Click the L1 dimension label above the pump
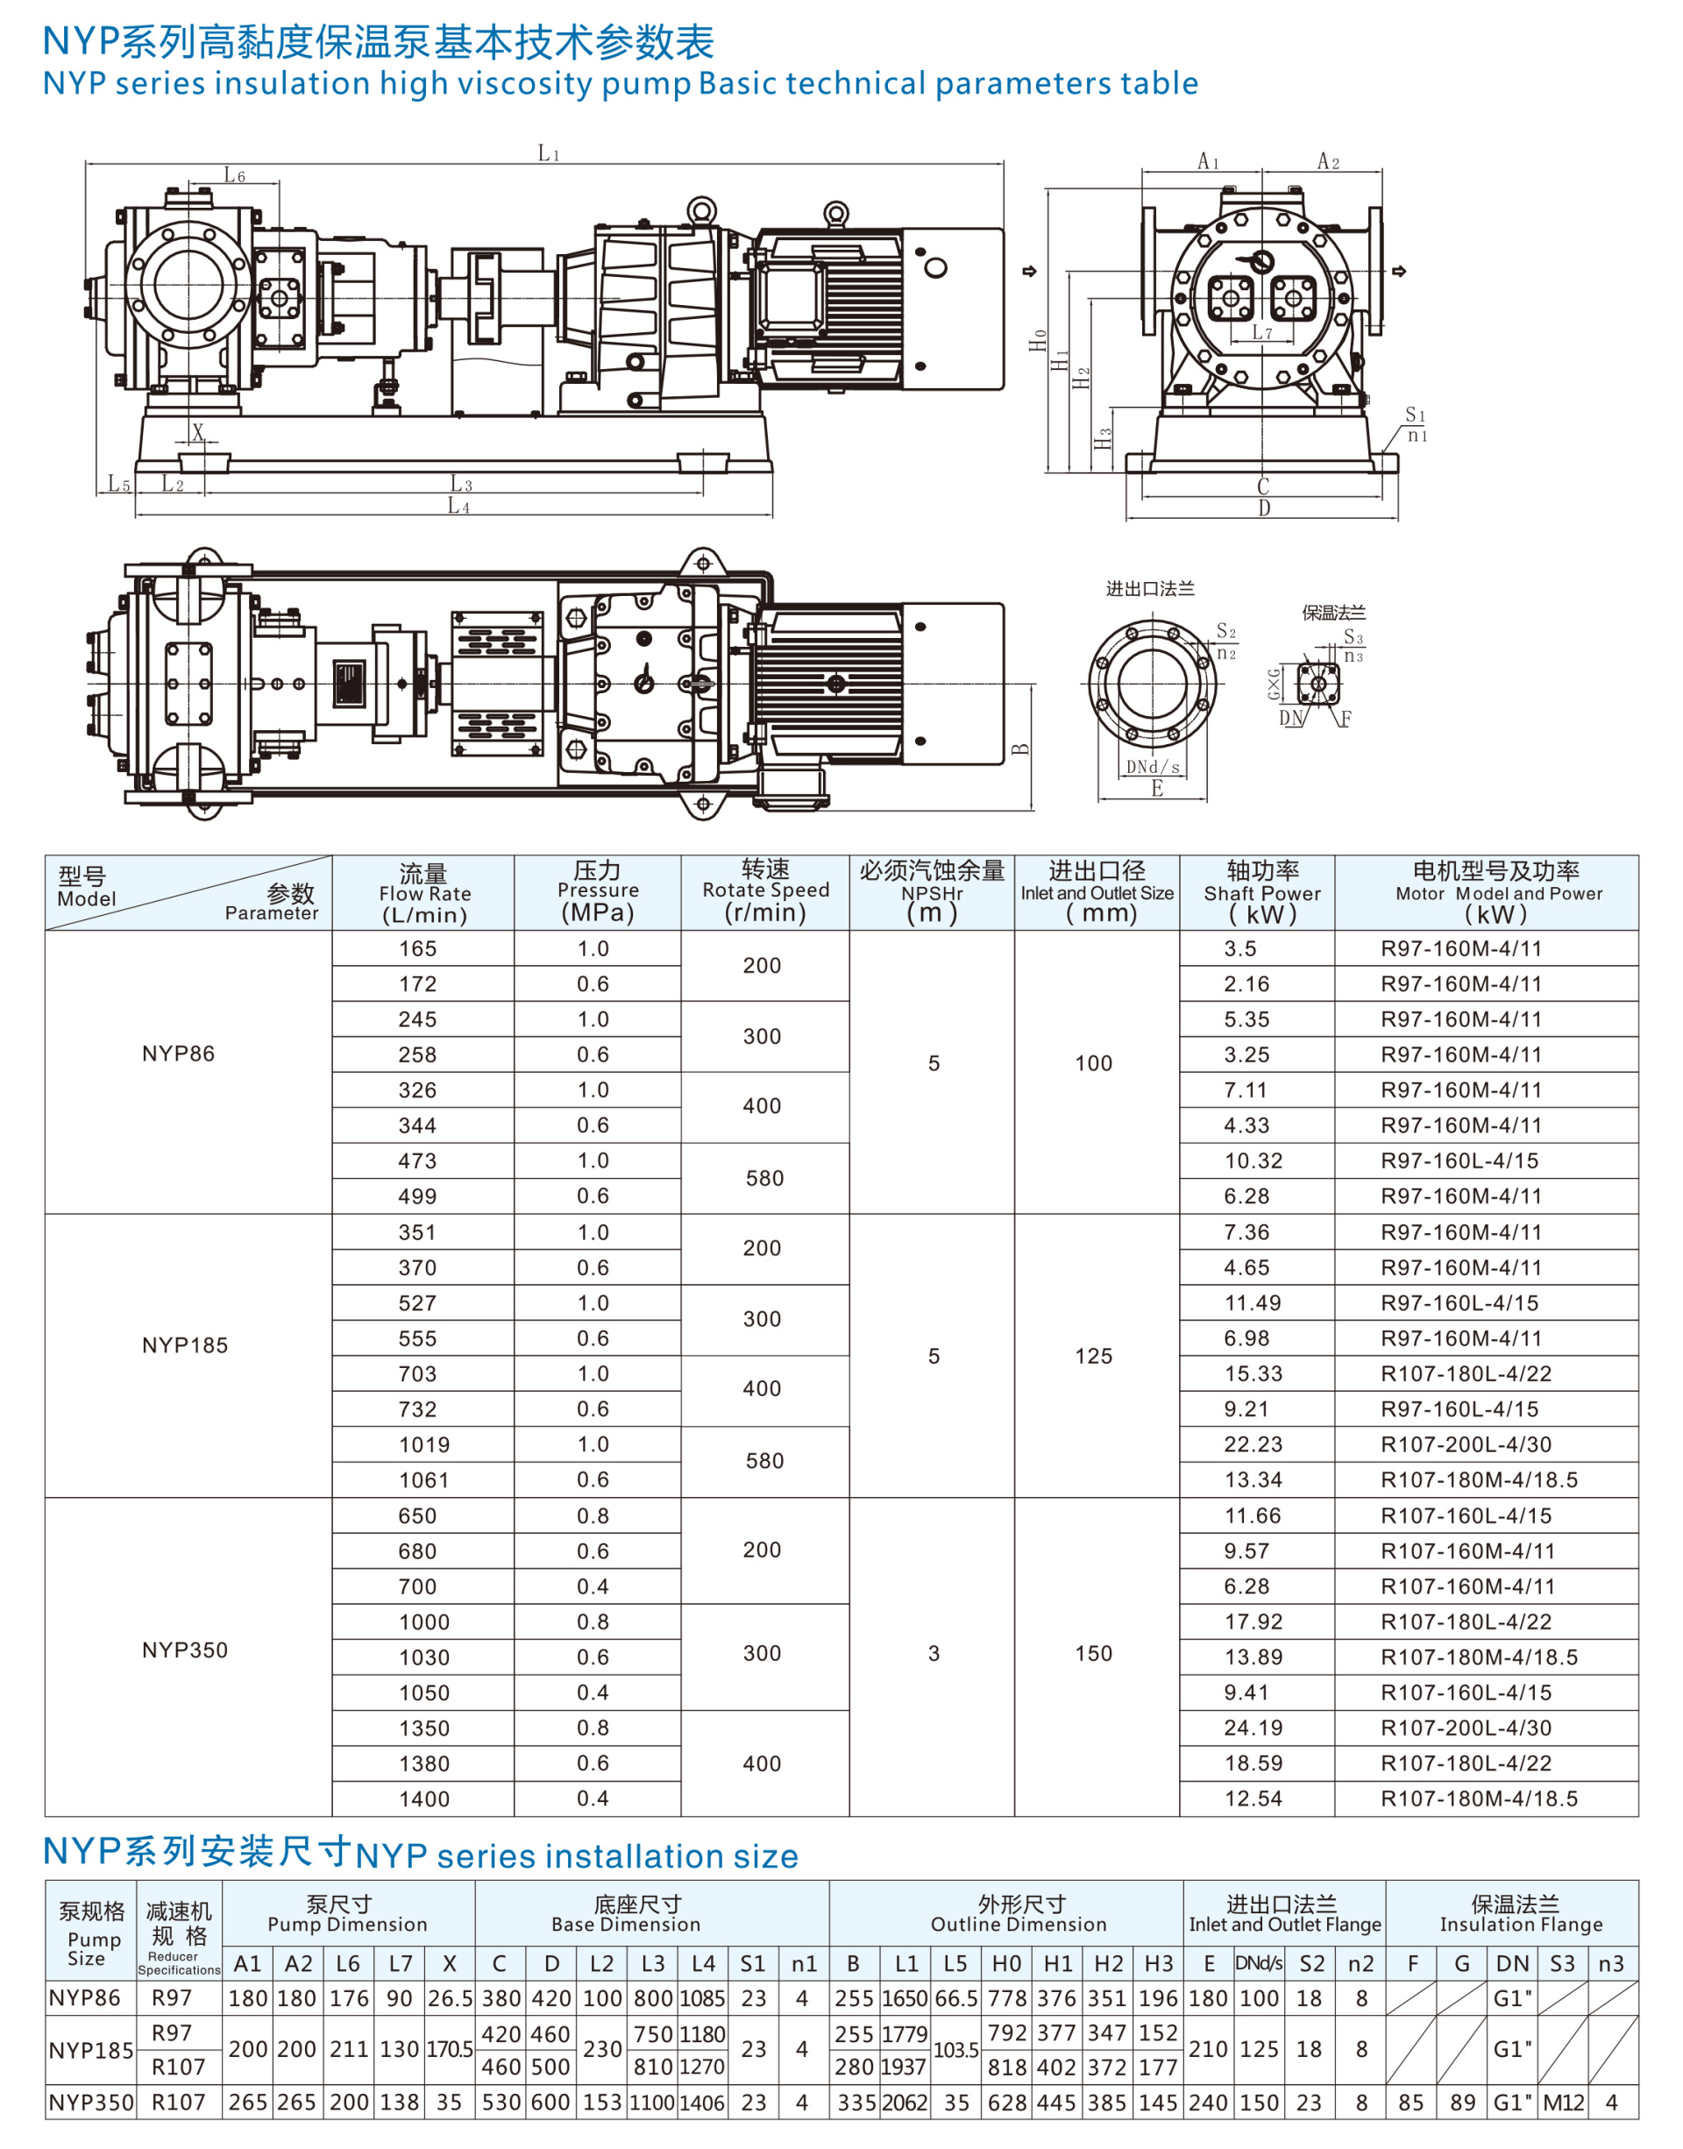click(549, 152)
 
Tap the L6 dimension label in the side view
click(235, 175)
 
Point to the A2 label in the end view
click(1328, 160)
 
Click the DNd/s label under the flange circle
click(1153, 767)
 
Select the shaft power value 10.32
click(1253, 1160)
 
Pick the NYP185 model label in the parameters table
click(184, 1345)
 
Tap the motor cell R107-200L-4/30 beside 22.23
click(1466, 1444)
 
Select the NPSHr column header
click(931, 894)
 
